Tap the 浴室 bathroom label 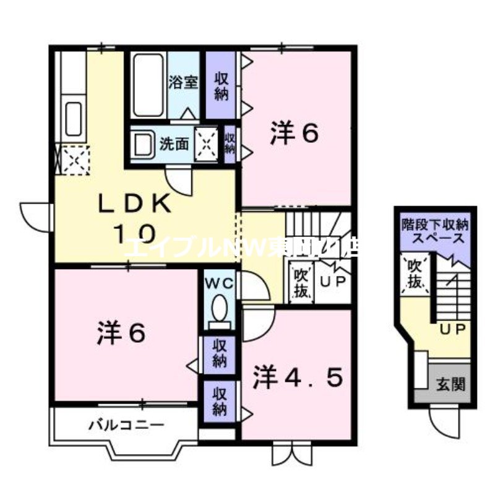click(184, 82)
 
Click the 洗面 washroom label click(174, 144)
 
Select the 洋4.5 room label click(297, 378)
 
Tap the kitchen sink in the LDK click(73, 118)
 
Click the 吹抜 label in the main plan click(301, 282)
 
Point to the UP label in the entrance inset click(451, 329)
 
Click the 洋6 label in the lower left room click(121, 334)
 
